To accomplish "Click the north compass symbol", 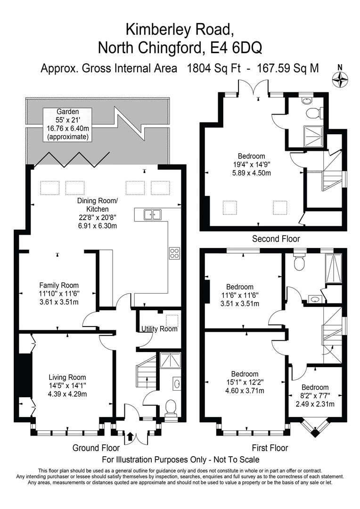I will pyautogui.click(x=339, y=78).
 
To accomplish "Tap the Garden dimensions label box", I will pyautogui.click(x=67, y=124).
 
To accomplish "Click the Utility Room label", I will pyautogui.click(x=159, y=328).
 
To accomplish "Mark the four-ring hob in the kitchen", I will pyautogui.click(x=174, y=253).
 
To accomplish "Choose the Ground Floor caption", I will pyautogui.click(x=93, y=448).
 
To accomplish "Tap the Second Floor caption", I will pyautogui.click(x=276, y=238).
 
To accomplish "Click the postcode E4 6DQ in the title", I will pyautogui.click(x=233, y=47).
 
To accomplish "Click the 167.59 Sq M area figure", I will pyautogui.click(x=288, y=68).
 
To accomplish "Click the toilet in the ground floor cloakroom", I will pyautogui.click(x=171, y=406).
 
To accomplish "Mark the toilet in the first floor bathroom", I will pyautogui.click(x=299, y=262).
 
